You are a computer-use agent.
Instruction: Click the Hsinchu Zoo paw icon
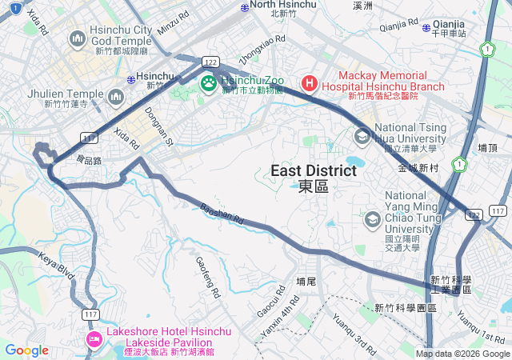(x=209, y=82)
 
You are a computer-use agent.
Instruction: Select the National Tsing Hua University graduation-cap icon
(x=362, y=136)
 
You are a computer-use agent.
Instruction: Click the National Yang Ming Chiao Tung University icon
(x=371, y=218)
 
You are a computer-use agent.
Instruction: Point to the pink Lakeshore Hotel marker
(x=94, y=340)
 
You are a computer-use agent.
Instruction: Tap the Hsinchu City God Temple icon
(x=78, y=38)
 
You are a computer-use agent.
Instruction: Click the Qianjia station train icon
(x=426, y=29)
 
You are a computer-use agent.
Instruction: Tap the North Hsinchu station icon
(x=245, y=6)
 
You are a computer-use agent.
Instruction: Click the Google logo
(x=26, y=350)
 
